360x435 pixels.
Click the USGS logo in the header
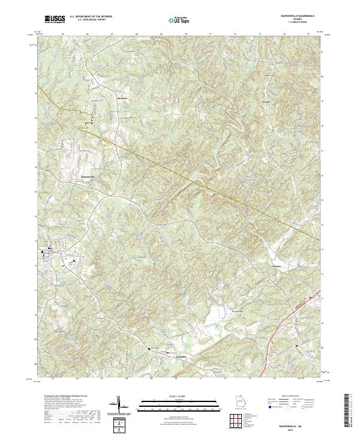point(55,20)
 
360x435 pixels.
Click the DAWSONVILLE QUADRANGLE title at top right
point(293,16)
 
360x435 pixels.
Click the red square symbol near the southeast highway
point(296,346)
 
